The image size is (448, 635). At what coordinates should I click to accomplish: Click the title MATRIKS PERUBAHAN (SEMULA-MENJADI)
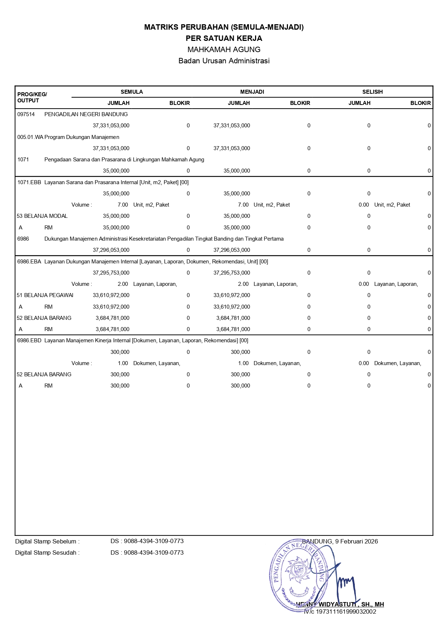pos(224,27)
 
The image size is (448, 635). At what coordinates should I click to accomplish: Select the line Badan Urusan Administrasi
pos(224,61)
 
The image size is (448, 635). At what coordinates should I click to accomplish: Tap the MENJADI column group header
pos(252,92)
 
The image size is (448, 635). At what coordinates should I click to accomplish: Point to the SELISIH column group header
pos(372,92)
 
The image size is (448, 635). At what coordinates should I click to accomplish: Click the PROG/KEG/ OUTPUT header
pos(32,97)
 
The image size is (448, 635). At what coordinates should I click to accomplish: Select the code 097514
pos(26,114)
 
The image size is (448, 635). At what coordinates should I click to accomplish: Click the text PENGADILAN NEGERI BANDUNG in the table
pos(86,114)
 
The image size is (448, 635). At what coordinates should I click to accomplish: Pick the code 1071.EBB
pos(29,182)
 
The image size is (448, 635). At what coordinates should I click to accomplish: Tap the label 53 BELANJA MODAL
pos(42,216)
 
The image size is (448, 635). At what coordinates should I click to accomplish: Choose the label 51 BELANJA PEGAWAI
pos(45,295)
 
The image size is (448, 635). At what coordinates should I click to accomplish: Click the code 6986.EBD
pos(29,340)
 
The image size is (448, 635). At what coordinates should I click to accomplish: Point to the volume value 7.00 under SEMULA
pos(123,205)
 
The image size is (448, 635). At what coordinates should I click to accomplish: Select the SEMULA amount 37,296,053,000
pos(111,250)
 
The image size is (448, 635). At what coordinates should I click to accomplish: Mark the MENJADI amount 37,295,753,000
pos(232,273)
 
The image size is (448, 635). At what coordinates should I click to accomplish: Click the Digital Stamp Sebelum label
pos(47,542)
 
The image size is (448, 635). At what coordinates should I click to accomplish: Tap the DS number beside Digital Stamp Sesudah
pos(147,553)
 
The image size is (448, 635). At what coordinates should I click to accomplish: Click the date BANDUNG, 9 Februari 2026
pos(340,542)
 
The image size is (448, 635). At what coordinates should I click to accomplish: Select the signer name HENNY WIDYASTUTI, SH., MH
pos(340,604)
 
